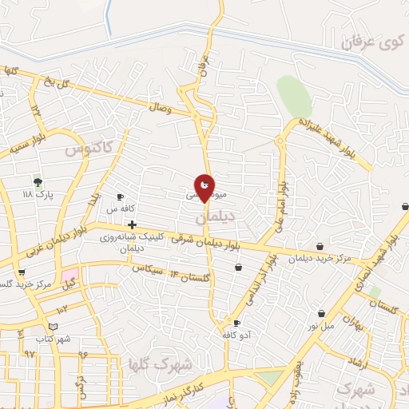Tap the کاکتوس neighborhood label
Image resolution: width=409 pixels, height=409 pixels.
tap(89, 148)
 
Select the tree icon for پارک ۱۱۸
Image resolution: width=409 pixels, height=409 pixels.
tap(37, 182)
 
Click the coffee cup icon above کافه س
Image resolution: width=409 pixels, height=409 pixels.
tap(120, 197)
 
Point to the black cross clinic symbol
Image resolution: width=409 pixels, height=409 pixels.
tap(132, 224)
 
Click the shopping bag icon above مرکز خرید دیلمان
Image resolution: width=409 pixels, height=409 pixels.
tap(320, 246)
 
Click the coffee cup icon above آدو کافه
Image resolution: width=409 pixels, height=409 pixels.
tap(236, 323)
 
